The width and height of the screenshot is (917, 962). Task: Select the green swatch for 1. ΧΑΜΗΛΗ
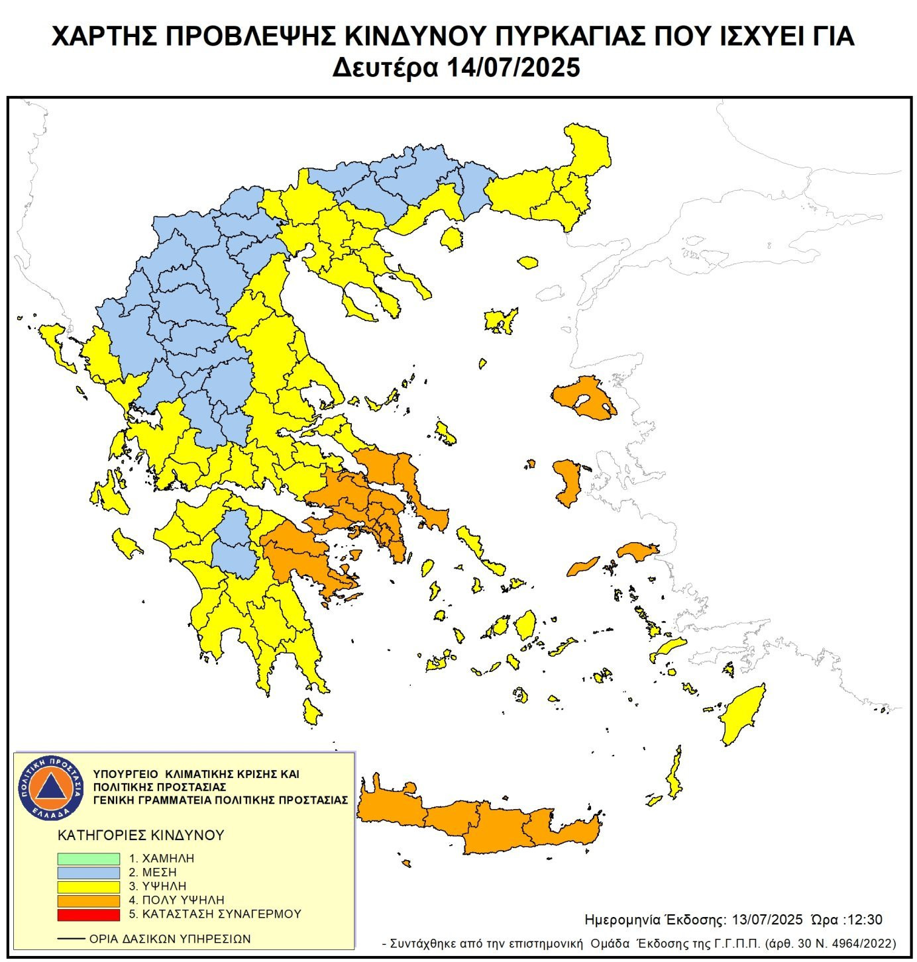point(88,858)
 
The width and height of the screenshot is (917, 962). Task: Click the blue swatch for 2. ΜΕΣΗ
point(88,872)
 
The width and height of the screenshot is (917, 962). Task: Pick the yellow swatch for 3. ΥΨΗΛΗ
point(88,886)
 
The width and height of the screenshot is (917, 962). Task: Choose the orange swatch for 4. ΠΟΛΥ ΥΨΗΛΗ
point(88,900)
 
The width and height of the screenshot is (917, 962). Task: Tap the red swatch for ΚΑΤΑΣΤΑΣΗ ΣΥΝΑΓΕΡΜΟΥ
point(88,914)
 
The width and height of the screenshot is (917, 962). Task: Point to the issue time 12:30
point(866,920)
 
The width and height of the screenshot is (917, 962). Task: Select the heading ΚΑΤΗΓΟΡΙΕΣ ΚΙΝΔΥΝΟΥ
point(141,835)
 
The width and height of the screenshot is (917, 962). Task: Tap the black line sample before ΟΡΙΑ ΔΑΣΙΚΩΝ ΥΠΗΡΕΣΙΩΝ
point(71,939)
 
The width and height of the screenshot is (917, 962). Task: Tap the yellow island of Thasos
point(452,238)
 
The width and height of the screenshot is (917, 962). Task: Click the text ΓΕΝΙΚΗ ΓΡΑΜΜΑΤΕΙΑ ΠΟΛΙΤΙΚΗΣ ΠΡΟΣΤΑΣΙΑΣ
point(220,800)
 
